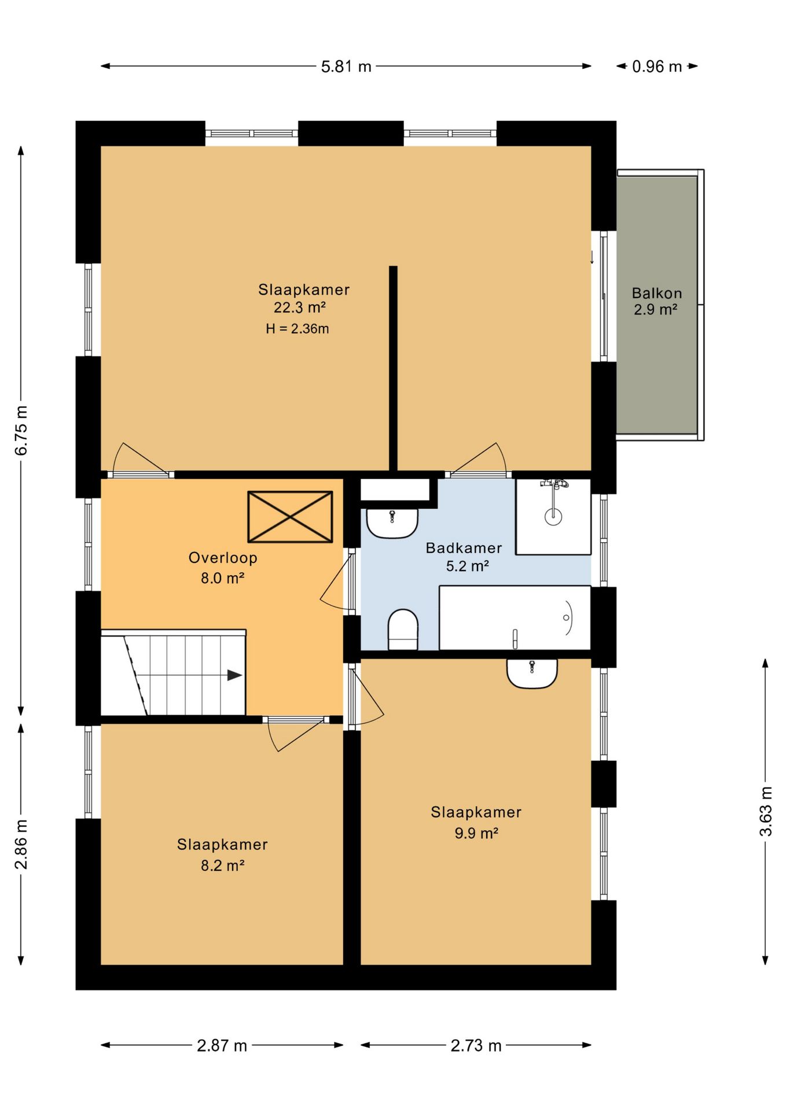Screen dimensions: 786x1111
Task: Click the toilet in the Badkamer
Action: (403, 630)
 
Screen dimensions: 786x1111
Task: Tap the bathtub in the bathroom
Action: (515, 618)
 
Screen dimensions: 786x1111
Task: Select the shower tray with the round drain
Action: (553, 517)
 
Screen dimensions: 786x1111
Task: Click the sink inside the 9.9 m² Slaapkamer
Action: (532, 674)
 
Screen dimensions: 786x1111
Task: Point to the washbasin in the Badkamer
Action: (392, 523)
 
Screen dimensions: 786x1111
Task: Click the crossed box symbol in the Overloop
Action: (290, 517)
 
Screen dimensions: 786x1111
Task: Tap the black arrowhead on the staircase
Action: (234, 675)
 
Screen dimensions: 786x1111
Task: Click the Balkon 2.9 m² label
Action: (656, 301)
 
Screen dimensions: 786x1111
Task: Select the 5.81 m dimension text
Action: (346, 67)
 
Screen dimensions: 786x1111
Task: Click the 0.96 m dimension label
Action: (657, 67)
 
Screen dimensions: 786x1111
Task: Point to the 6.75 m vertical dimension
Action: (21, 431)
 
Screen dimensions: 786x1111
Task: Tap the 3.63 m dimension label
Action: (766, 811)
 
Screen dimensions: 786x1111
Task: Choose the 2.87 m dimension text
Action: (222, 1046)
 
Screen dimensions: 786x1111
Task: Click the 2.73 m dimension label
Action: (476, 1046)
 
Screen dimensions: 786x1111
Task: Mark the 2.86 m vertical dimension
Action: (21, 844)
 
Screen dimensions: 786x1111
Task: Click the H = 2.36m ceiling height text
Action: (297, 329)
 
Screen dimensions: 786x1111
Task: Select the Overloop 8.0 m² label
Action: (223, 568)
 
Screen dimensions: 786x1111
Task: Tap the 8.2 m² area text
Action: (223, 866)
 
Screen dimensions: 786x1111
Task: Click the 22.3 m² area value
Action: (300, 307)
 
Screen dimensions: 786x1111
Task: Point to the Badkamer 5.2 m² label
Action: (464, 557)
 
